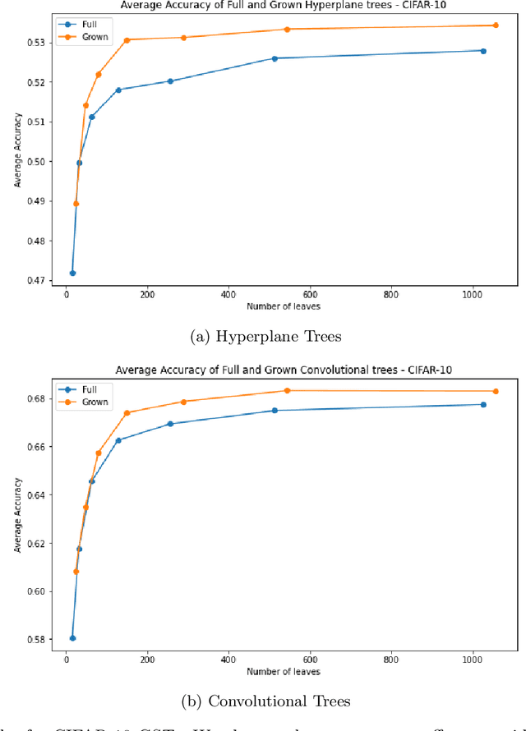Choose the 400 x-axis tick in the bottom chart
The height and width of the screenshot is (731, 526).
tap(228, 658)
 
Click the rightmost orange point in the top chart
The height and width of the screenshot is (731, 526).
tap(495, 25)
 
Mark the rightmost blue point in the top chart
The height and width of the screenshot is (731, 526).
tap(483, 51)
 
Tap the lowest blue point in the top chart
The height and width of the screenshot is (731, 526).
tap(72, 273)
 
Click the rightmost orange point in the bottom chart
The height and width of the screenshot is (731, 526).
tap(495, 391)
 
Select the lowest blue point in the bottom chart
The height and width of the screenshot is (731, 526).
tap(72, 638)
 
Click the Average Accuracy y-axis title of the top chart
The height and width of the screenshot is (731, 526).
tap(17, 157)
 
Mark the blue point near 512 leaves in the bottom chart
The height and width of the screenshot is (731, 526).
tap(275, 411)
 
